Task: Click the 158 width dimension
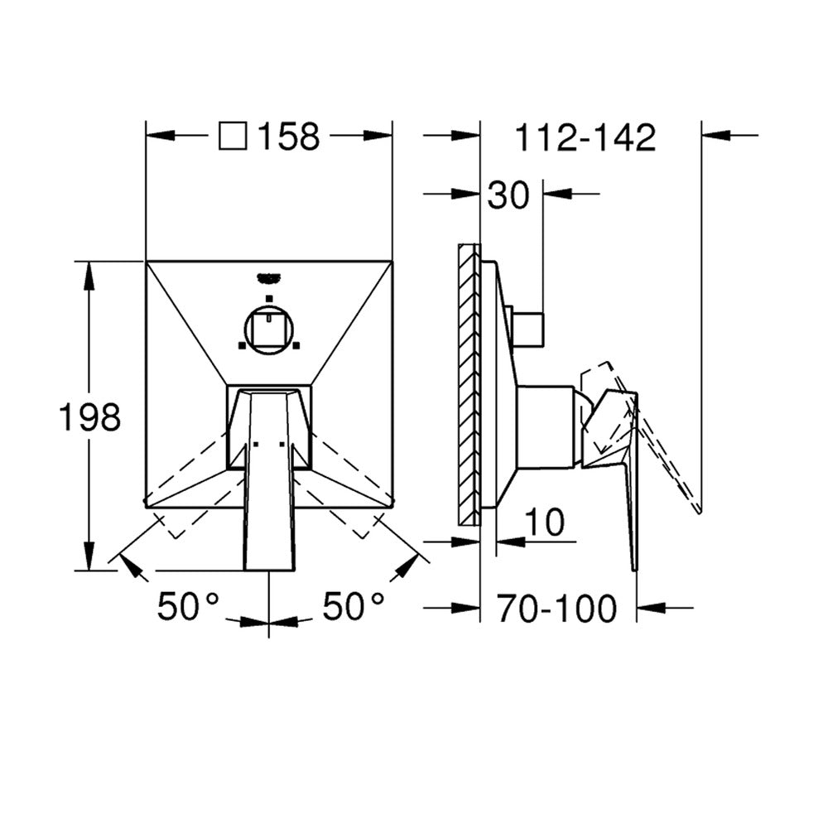coord(289,137)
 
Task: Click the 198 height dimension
coord(89,416)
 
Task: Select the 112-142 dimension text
coord(585,137)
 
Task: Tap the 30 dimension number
coord(508,195)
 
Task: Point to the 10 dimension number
coord(545,522)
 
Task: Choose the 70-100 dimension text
coord(556,609)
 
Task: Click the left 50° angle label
coord(188,606)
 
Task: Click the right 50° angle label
coord(354,606)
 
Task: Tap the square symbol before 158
coord(233,136)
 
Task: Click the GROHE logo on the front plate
coord(269,277)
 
